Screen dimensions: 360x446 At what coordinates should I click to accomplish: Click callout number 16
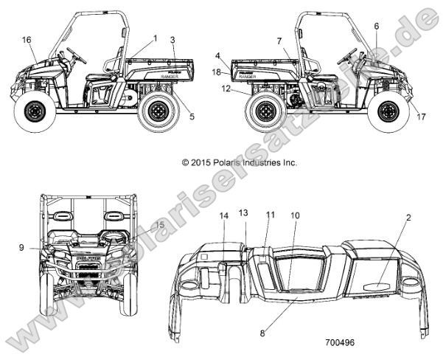click(x=27, y=39)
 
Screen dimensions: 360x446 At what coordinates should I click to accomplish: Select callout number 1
click(x=156, y=37)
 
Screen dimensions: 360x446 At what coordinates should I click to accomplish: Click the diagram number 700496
click(x=340, y=343)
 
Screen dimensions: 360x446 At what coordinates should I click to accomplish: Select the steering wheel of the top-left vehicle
click(x=76, y=54)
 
